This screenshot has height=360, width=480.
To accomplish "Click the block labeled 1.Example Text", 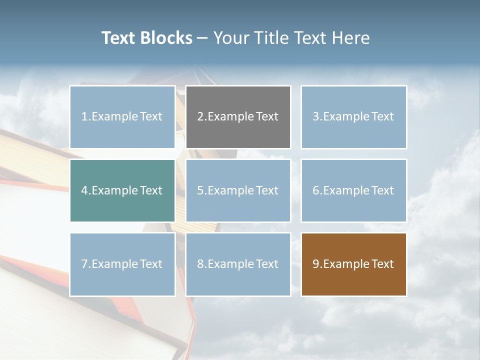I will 122,117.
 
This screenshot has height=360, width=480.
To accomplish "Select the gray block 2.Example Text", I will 238,117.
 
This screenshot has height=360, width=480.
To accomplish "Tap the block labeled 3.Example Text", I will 353,117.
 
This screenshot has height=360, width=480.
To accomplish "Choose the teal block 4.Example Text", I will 122,190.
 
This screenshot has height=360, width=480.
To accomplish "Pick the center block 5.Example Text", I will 238,190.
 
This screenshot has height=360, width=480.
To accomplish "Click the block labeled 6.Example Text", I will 353,190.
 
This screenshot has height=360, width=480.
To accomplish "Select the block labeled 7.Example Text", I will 122,264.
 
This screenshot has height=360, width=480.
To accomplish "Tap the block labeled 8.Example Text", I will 238,264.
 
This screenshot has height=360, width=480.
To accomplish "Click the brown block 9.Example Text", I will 353,264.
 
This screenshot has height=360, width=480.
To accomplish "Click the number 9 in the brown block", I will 316,264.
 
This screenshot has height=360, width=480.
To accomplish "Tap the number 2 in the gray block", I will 200,117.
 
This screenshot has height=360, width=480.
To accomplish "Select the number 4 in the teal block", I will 84,190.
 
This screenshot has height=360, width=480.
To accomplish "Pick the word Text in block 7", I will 151,264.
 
